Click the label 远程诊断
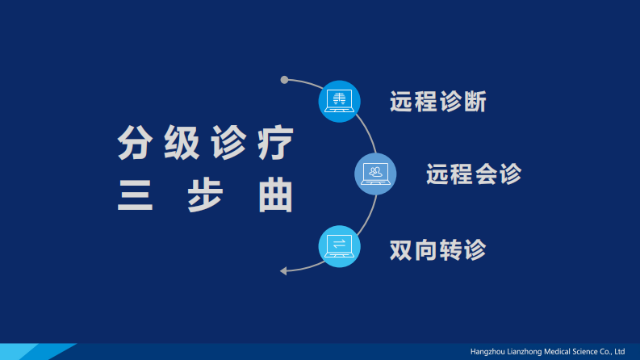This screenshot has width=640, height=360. point(437,102)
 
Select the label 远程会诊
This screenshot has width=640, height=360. point(474,174)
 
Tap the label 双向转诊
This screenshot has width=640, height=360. point(437,249)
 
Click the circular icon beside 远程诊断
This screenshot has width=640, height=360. point(339,101)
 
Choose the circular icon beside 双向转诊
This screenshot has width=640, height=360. point(339,246)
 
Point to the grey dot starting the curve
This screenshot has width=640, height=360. point(284,80)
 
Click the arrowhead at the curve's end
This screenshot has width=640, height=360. point(283,270)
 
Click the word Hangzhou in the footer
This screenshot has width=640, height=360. point(489,352)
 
